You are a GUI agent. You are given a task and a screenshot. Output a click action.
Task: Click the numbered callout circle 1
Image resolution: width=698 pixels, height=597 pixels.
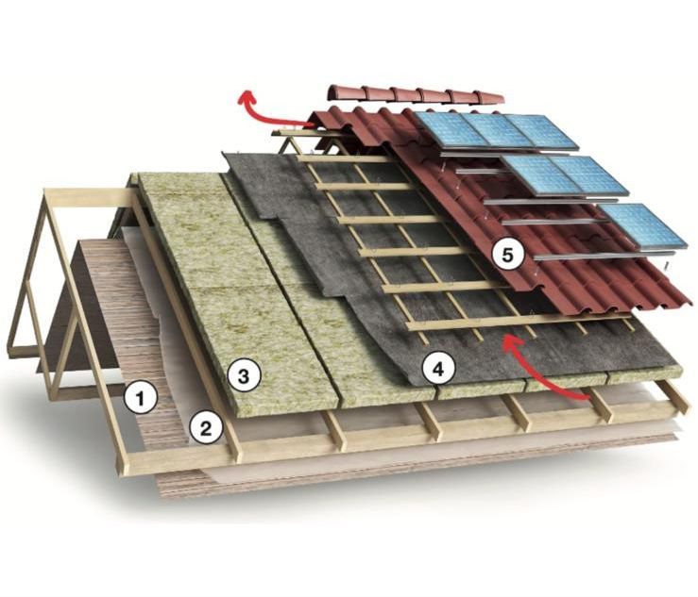[x=141, y=398]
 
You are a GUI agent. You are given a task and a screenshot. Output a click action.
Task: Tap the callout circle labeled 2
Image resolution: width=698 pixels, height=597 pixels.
[x=206, y=428]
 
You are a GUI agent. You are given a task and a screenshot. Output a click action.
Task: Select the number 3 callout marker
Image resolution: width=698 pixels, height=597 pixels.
[x=244, y=376]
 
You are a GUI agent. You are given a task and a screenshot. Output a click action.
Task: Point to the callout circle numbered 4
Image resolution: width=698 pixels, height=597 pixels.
[x=439, y=367]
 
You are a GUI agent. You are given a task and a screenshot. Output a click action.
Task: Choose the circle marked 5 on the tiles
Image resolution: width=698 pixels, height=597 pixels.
[x=507, y=256]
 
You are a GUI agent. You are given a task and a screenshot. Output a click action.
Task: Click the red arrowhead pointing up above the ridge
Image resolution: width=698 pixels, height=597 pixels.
[x=247, y=95]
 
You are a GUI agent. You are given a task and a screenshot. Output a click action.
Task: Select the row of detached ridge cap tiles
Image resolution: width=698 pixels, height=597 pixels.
[x=417, y=95]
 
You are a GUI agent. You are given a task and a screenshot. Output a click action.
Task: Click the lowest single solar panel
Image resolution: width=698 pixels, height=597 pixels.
[x=641, y=225]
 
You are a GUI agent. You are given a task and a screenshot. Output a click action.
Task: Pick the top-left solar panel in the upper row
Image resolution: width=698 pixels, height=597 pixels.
[x=451, y=129]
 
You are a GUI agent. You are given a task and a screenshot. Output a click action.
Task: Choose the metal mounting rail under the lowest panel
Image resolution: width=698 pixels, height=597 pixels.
[x=604, y=256]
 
